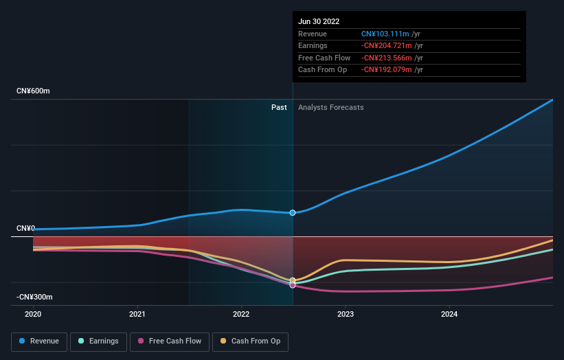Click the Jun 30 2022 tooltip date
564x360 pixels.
click(x=319, y=21)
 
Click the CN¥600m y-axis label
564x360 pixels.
click(x=34, y=91)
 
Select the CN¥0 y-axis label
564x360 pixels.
click(x=25, y=228)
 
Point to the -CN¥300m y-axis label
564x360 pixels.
click(x=35, y=297)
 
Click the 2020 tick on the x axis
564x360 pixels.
click(x=33, y=314)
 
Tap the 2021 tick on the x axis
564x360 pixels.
click(x=137, y=314)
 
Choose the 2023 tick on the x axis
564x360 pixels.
click(x=345, y=314)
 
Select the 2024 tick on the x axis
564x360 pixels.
click(x=449, y=314)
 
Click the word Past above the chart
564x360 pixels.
click(x=279, y=107)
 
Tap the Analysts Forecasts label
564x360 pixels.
click(x=330, y=107)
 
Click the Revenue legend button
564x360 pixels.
click(x=39, y=341)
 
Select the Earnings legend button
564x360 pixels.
click(x=98, y=341)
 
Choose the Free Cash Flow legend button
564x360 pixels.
click(x=170, y=341)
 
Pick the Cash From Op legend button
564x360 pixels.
click(x=250, y=341)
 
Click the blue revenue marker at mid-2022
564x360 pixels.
click(x=293, y=213)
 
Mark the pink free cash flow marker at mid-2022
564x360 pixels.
click(x=293, y=284)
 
